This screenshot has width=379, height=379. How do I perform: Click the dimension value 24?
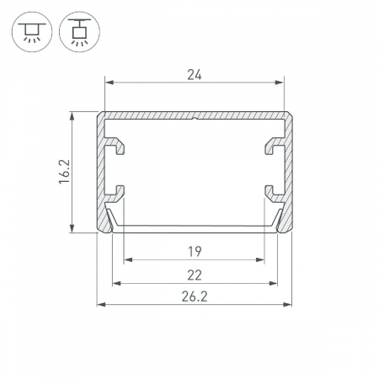(195, 75)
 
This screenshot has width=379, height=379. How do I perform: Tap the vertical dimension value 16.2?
(64, 172)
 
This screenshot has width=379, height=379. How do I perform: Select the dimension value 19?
(195, 252)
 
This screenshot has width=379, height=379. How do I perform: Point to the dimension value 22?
(195, 275)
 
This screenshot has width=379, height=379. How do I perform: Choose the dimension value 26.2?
(195, 296)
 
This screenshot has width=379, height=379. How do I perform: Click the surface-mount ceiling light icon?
(32, 32)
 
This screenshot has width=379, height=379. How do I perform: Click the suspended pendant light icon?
(79, 32)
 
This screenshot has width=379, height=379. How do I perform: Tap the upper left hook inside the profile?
(115, 145)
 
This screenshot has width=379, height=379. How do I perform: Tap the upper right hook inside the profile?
(275, 145)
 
